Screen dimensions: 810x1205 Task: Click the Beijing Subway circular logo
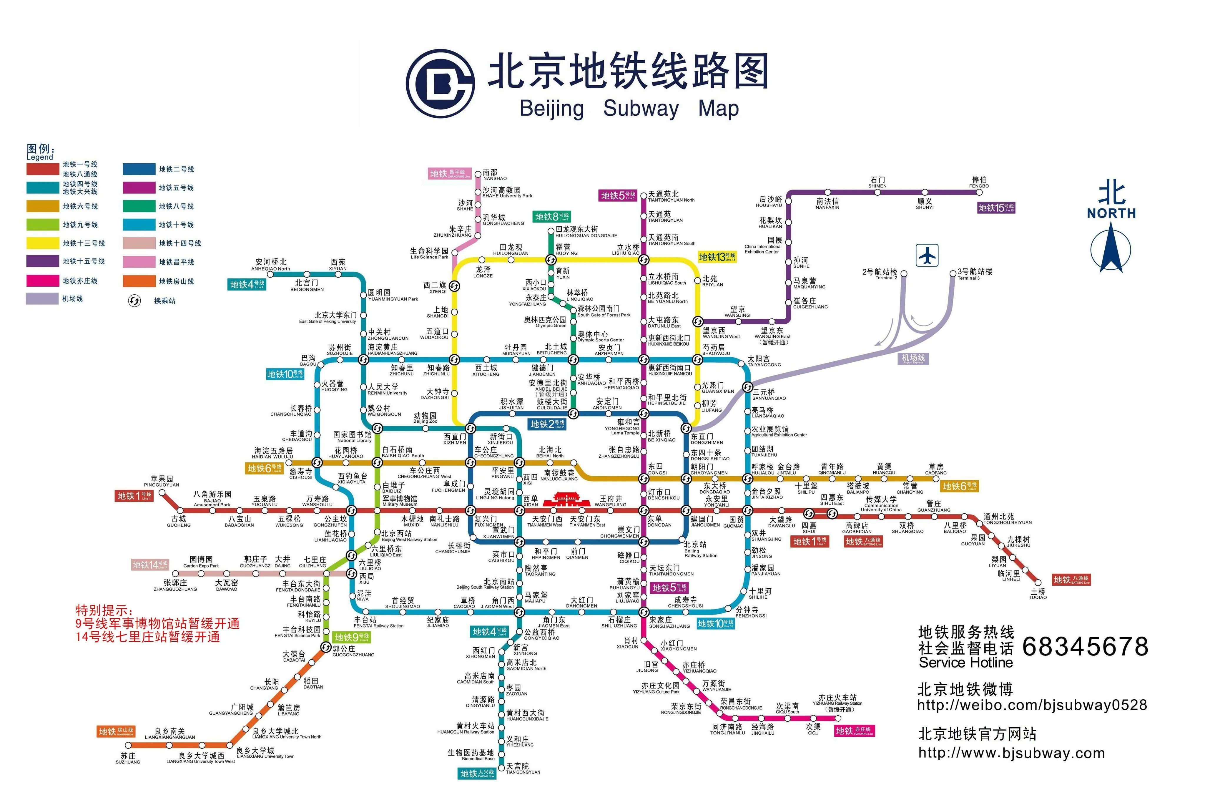coord(440,84)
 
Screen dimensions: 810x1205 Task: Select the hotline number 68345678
coord(1085,646)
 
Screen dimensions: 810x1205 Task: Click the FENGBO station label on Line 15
coord(979,183)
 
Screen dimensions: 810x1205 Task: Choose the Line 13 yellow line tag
coord(717,257)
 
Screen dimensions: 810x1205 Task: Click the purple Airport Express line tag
coord(913,358)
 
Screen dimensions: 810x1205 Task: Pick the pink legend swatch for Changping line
coord(139,262)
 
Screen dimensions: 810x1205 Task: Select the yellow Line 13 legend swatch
coord(43,243)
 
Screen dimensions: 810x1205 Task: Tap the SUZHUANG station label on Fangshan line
coord(128,758)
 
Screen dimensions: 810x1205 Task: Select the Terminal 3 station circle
coord(953,273)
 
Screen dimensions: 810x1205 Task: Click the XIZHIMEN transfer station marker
coord(470,428)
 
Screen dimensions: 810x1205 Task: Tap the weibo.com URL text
coord(1031,705)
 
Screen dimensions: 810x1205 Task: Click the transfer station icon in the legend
coord(134,301)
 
